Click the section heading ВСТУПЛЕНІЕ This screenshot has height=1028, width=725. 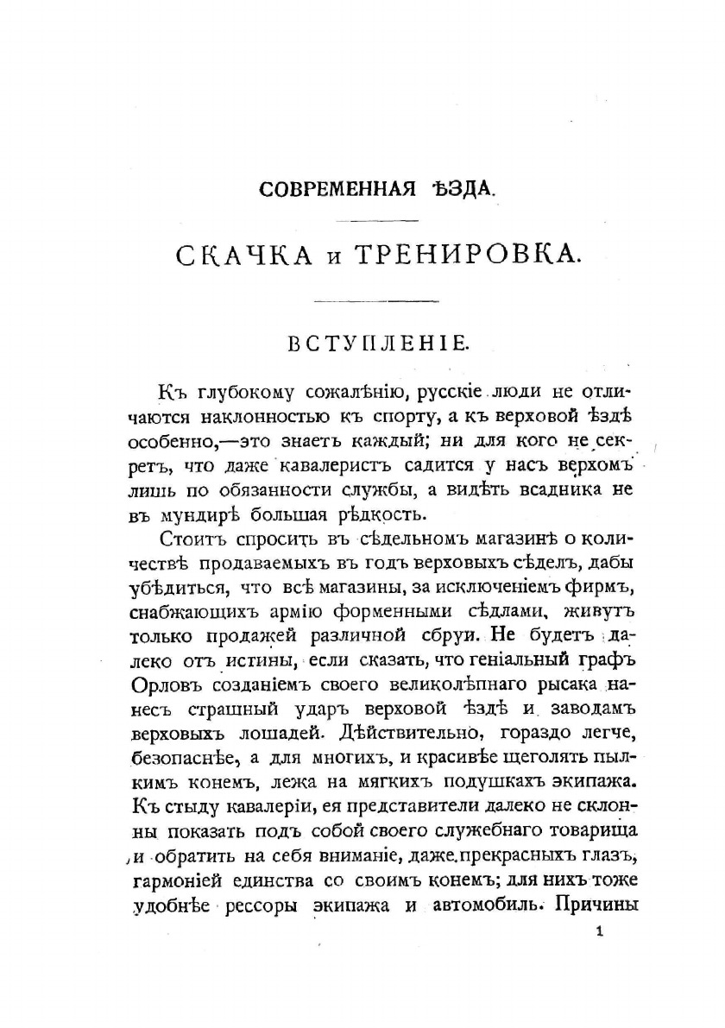tap(378, 344)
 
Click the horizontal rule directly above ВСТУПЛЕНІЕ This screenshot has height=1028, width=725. tap(377, 301)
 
